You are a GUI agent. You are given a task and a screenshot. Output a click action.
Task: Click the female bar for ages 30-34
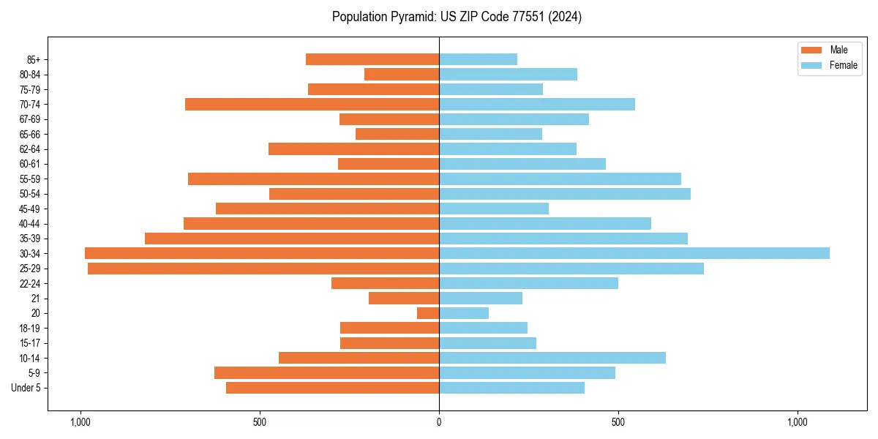point(634,253)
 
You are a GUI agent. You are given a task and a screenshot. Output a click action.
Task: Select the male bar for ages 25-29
point(263,269)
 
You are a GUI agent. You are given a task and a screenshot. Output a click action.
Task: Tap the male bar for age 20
point(428,313)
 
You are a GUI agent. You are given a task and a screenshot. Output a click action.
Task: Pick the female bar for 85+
point(478,59)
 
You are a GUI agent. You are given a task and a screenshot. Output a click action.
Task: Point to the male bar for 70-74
point(312,104)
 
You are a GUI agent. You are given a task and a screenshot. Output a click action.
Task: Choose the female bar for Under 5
point(511,388)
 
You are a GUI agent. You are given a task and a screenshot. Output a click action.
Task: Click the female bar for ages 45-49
point(494,209)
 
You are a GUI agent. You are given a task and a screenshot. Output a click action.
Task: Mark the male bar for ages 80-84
point(402,74)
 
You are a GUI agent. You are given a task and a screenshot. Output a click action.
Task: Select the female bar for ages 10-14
point(552,358)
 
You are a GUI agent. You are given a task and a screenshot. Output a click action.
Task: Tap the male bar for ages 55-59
point(313,179)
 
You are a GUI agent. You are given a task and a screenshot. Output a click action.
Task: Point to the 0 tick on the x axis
point(439,422)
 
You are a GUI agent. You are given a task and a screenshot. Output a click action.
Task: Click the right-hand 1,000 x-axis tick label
point(798,422)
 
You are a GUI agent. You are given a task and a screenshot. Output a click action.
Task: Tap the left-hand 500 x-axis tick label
point(260,422)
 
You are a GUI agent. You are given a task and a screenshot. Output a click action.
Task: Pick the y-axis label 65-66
point(30,134)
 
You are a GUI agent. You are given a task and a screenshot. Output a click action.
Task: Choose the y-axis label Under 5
point(26,388)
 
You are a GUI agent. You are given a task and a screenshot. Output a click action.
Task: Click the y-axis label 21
point(36,299)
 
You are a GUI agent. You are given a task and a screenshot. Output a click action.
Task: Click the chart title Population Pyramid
point(457,17)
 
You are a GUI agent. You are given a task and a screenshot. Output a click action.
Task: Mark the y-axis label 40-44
point(30,223)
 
